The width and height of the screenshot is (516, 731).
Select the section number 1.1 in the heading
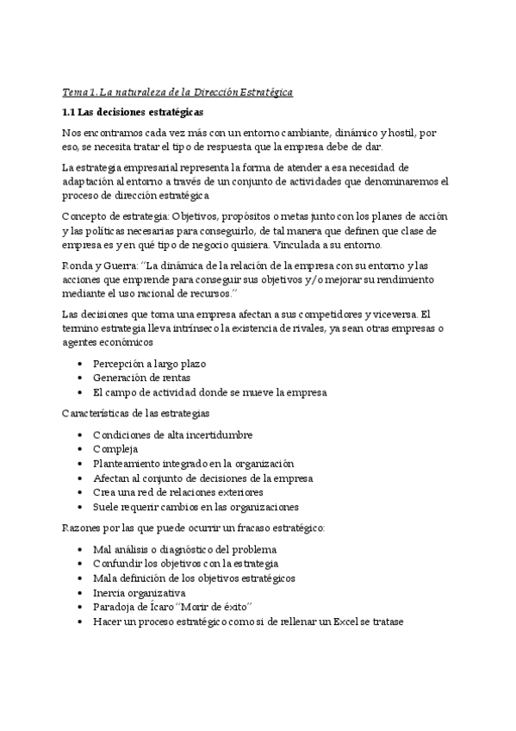pyautogui.click(x=71, y=112)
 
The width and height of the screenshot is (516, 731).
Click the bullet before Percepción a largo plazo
pyautogui.click(x=80, y=364)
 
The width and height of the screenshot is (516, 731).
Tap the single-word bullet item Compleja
pyautogui.click(x=115, y=449)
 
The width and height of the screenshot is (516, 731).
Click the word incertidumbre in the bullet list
pyautogui.click(x=215, y=434)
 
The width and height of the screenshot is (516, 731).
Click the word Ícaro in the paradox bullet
pyautogui.click(x=169, y=607)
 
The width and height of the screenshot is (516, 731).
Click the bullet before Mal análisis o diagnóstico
pyautogui.click(x=80, y=549)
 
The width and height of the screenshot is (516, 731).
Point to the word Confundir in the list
pyautogui.click(x=118, y=564)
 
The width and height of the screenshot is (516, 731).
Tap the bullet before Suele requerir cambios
pyautogui.click(x=80, y=507)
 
